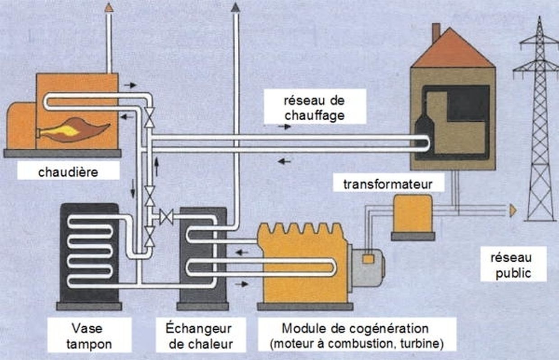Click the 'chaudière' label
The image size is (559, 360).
click(68, 172)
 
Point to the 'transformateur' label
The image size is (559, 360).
click(388, 184)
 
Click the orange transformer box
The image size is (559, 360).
click(412, 214)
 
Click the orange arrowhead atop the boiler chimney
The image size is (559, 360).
click(109, 7)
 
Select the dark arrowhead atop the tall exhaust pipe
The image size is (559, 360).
click(235, 7)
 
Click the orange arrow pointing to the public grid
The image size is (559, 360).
click(513, 210)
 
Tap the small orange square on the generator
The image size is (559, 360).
click(368, 259)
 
